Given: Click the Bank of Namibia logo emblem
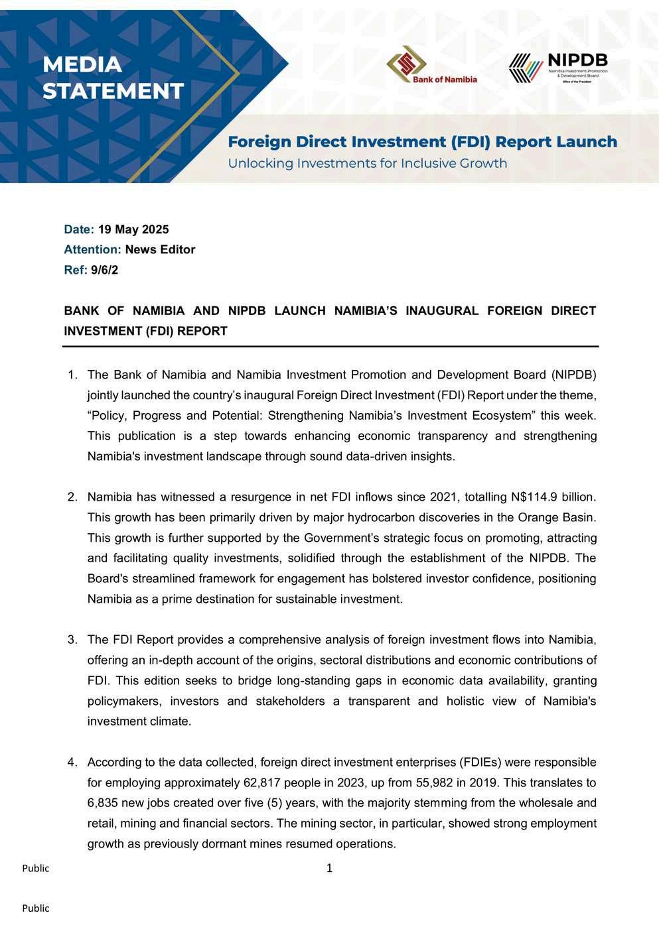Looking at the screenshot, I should point(406,64).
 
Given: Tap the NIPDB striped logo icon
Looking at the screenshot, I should point(526,68).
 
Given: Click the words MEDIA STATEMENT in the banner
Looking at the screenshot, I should point(113,78).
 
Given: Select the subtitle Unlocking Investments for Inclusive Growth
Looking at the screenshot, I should point(367,163).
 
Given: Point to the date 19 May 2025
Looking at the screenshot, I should point(133,229).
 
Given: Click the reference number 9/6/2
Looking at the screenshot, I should point(104,270).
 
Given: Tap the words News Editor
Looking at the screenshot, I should point(160,249).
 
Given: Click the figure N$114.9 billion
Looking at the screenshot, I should point(553,497).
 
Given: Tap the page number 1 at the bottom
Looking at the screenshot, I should point(329,868).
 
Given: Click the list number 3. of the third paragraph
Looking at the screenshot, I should point(72,640).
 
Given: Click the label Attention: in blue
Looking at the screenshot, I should point(92,249).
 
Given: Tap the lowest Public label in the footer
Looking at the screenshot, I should point(36,908).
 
